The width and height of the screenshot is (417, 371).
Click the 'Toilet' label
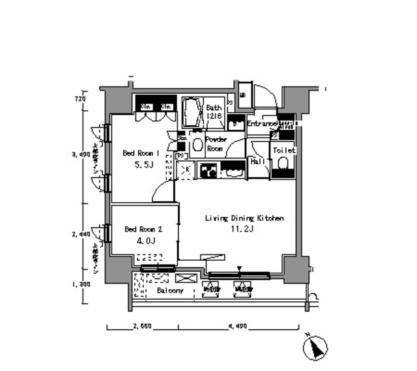[x=283, y=150]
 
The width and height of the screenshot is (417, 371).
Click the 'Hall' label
[x=257, y=162]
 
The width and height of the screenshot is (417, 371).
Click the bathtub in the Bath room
[x=191, y=113]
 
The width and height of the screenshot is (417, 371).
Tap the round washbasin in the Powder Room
[x=197, y=145]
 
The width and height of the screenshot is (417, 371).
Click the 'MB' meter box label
[x=243, y=95]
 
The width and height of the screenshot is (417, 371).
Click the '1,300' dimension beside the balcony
[x=80, y=284]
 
